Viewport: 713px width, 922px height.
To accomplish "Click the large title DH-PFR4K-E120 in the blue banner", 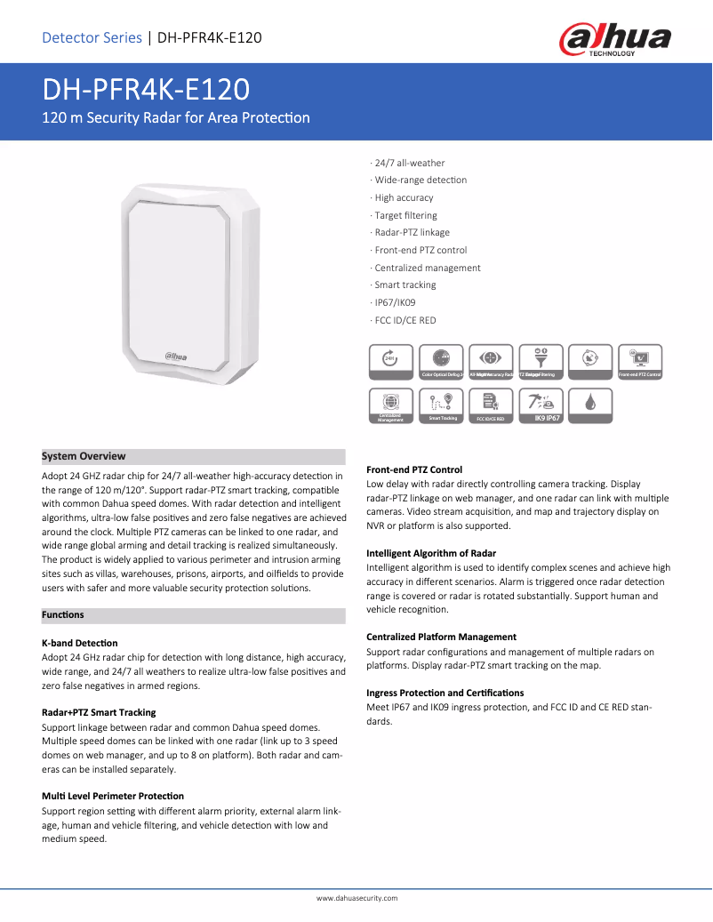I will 147,90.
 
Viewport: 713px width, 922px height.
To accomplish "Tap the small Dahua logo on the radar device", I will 175,357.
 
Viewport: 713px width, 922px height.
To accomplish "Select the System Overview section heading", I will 84,456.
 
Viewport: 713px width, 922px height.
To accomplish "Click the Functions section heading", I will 63,615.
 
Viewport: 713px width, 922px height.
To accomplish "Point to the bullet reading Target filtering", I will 405,215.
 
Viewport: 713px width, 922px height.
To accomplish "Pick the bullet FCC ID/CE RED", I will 405,320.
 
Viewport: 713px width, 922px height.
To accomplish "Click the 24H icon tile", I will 390,358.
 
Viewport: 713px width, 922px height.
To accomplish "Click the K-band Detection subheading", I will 80,643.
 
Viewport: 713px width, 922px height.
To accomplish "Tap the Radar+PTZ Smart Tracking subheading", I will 99,712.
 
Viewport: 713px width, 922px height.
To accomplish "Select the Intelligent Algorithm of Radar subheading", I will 431,553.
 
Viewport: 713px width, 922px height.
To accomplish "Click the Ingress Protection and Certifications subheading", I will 445,693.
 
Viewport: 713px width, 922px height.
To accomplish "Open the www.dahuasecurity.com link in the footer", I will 356,898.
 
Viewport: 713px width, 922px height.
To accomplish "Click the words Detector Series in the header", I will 92,37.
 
